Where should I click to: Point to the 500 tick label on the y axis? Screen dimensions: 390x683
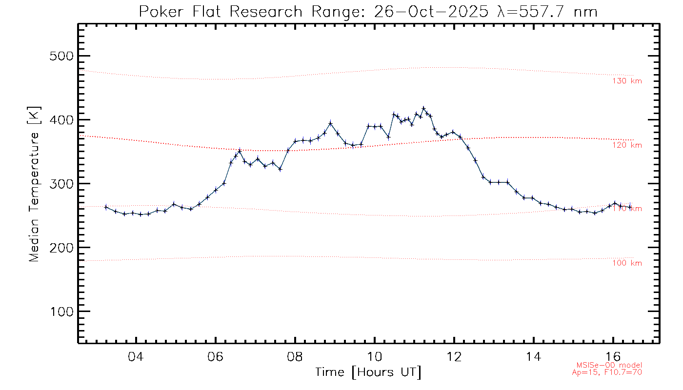click(x=62, y=56)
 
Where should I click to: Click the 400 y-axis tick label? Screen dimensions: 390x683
click(x=62, y=120)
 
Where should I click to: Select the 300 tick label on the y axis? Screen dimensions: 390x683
click(x=62, y=184)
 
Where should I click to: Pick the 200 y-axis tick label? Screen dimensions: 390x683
click(x=62, y=248)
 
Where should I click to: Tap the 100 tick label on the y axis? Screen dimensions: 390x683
click(x=62, y=312)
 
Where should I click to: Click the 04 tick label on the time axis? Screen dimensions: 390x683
click(x=136, y=356)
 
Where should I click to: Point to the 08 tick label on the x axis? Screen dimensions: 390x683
click(x=295, y=356)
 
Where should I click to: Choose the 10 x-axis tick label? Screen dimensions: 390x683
click(x=374, y=356)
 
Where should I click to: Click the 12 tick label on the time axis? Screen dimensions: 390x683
click(x=454, y=356)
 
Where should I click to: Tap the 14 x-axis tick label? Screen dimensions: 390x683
click(x=533, y=356)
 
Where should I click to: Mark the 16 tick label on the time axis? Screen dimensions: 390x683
click(x=613, y=356)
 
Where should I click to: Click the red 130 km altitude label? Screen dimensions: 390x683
click(x=627, y=81)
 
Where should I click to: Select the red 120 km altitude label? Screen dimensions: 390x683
click(x=627, y=145)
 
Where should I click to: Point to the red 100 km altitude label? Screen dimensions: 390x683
click(x=627, y=263)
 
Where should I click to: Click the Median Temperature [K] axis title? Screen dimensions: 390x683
click(x=34, y=184)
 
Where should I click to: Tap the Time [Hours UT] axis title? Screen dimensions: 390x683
click(x=368, y=372)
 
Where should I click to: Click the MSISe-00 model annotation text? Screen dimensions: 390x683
click(x=609, y=365)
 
